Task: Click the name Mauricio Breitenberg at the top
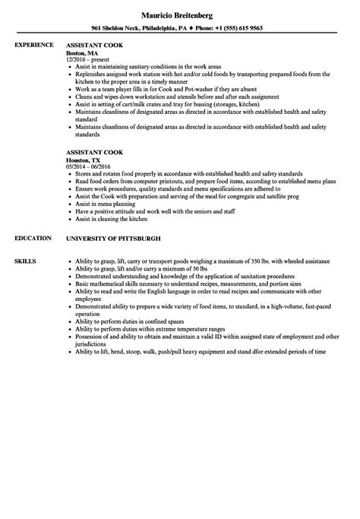[x=179, y=14]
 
